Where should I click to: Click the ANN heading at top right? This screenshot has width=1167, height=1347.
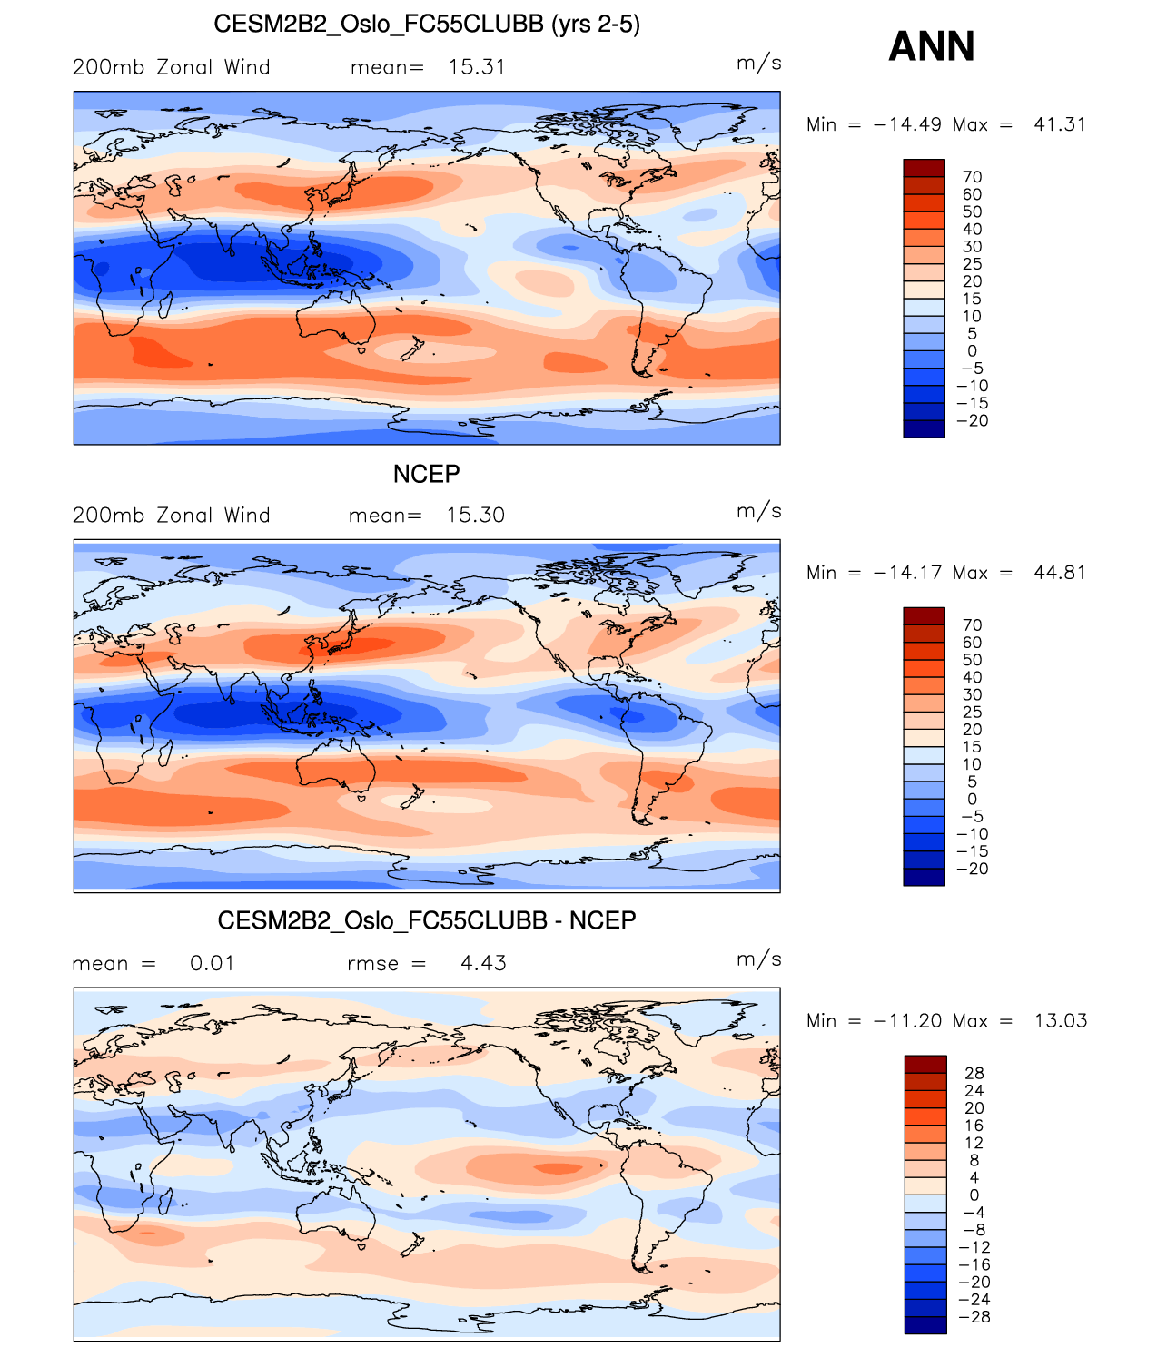931,46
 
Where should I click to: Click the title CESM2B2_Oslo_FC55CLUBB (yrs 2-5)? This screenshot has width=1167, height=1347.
427,24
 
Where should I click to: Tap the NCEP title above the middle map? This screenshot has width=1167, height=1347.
426,474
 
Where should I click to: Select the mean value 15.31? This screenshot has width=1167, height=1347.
477,67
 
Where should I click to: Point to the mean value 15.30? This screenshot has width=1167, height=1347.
475,516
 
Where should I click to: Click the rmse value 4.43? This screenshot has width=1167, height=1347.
483,964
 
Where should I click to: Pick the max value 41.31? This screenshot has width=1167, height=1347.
1059,124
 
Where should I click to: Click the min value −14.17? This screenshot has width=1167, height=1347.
907,573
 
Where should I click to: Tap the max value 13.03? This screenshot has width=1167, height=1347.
1060,1021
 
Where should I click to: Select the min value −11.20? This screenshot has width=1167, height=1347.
907,1021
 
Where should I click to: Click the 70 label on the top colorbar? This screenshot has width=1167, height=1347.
972,177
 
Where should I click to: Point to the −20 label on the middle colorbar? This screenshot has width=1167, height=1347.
972,869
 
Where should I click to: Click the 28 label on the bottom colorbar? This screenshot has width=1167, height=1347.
974,1074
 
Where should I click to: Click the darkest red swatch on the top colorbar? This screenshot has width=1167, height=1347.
924,168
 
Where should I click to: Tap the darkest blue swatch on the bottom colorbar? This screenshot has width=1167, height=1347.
925,1325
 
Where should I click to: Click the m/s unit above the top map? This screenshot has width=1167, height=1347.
758,63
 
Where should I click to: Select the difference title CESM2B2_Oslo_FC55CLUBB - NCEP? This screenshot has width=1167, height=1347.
427,920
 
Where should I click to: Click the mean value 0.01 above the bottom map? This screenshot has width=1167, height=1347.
212,964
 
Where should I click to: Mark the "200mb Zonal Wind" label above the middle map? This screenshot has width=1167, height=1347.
172,516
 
